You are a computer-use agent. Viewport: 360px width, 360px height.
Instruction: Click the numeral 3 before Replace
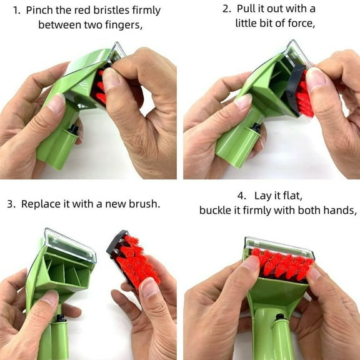[x=11, y=204]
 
